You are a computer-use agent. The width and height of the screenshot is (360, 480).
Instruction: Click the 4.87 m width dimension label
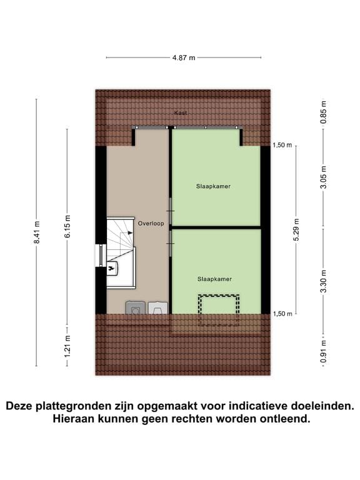184,57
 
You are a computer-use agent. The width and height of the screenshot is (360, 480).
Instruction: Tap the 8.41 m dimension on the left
37,232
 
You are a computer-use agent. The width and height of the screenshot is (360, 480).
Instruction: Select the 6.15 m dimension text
67,226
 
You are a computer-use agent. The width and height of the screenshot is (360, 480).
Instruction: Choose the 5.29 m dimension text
296,229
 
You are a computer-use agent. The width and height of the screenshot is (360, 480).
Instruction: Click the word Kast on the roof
181,113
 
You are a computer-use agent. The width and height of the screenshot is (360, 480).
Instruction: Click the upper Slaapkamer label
209,186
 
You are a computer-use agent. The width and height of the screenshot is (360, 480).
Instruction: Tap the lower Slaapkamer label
214,279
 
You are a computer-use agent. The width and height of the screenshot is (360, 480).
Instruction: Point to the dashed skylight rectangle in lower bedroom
219,308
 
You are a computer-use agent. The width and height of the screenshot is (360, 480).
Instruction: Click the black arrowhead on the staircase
130,232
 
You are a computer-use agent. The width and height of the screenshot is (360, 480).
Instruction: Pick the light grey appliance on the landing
157,307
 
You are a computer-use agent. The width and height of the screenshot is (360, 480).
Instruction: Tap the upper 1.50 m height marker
282,145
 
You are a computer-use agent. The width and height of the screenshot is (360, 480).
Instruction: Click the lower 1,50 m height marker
282,314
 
